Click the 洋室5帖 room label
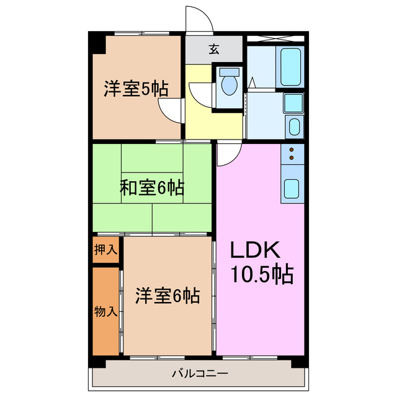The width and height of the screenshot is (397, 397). click(135, 89)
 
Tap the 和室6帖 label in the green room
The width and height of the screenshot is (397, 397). click(151, 187)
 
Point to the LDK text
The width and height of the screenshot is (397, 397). click(256, 250)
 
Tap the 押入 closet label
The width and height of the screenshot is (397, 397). click(105, 250)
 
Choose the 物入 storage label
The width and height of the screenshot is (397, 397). click(105, 310)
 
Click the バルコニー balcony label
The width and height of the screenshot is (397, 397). click(200, 373)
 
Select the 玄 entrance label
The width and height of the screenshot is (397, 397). click(213, 50)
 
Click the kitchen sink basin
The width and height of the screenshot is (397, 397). click(292, 189)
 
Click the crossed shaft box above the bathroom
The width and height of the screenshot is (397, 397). click(275, 38)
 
